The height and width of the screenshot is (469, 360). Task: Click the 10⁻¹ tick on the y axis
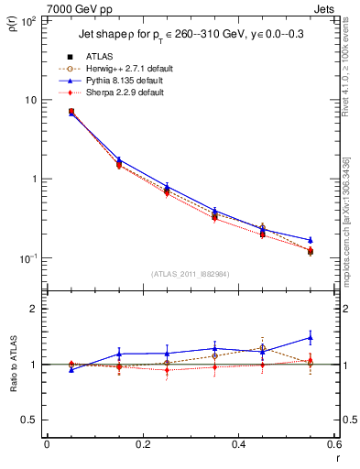[27, 258]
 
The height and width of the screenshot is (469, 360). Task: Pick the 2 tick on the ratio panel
[32, 310]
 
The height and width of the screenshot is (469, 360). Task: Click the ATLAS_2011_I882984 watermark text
[191, 273]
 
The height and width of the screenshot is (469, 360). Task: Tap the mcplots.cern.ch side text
[349, 211]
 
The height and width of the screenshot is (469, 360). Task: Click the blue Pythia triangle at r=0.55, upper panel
[310, 240]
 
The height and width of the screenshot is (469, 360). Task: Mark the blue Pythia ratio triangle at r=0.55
[310, 337]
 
